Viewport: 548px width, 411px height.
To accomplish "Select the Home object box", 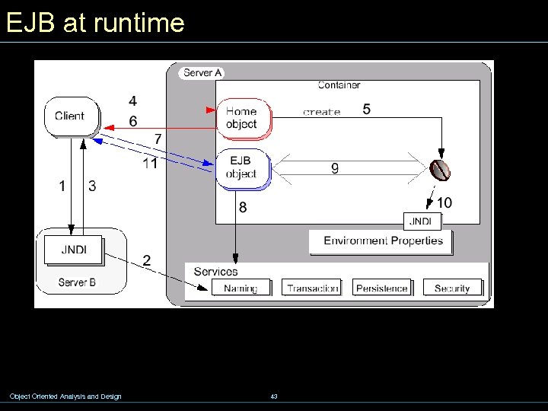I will click(x=242, y=118).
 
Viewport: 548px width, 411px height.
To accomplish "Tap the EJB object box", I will click(x=241, y=167).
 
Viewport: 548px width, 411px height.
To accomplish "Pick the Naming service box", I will click(x=241, y=288).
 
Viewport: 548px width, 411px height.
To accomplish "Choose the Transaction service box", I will click(x=311, y=288).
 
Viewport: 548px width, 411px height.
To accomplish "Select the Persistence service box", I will click(x=382, y=288).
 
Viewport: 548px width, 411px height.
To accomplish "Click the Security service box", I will click(x=452, y=288).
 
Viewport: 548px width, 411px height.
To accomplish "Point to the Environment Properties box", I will click(x=383, y=241).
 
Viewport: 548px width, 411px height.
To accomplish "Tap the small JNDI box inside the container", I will click(x=421, y=221).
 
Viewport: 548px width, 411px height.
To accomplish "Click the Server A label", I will click(x=202, y=73).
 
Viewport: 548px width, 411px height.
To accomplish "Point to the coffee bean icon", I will click(x=439, y=169).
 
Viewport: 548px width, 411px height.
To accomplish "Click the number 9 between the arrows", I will click(x=335, y=168).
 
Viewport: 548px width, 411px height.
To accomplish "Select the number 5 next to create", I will click(x=367, y=110).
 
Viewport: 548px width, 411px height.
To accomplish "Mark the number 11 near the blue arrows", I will click(x=150, y=163).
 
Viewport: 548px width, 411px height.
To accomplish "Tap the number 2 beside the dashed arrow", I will click(x=146, y=261).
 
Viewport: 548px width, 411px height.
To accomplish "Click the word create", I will click(x=321, y=112).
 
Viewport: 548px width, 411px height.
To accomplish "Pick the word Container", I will click(x=339, y=85).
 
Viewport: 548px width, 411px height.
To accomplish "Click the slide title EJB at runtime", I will click(x=94, y=23).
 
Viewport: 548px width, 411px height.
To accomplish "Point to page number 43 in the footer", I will click(x=274, y=397).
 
